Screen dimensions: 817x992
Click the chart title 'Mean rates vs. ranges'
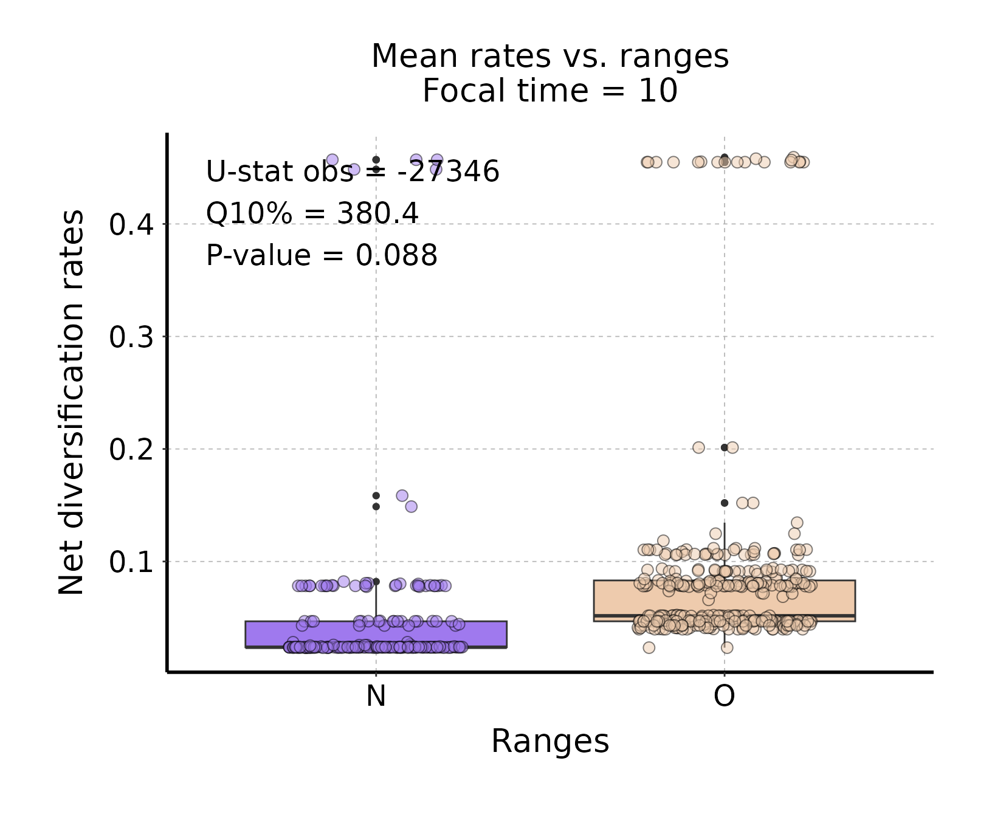(549, 57)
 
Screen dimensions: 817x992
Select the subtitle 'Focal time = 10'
(549, 91)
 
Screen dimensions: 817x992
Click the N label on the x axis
(376, 695)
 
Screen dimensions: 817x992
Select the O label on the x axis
(724, 695)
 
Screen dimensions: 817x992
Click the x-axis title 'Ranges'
(549, 741)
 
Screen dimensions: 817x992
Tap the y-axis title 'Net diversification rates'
(71, 402)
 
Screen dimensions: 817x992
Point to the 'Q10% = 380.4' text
(312, 213)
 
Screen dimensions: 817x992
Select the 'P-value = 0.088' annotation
(322, 255)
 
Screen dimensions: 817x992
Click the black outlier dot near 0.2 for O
(724, 447)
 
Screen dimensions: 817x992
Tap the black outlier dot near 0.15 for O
(724, 503)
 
